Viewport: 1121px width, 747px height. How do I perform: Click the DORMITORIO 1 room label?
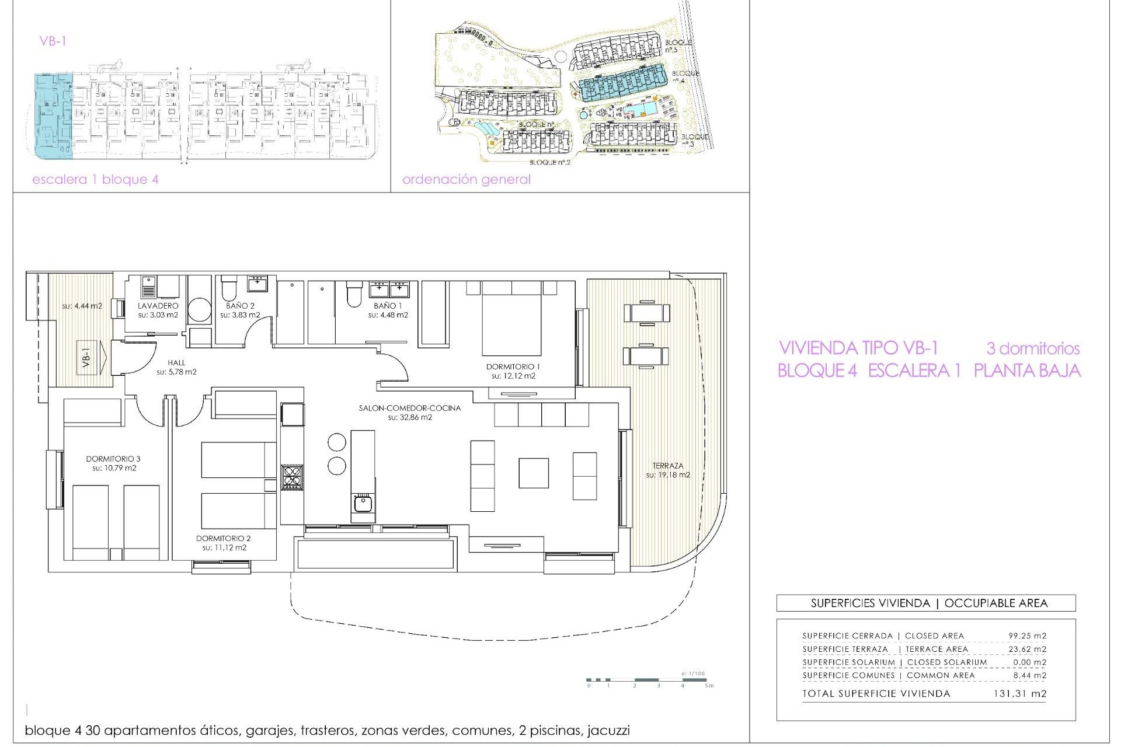click(513, 366)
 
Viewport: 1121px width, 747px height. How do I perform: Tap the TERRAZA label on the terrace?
click(667, 466)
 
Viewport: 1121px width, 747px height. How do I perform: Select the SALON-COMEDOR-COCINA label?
click(409, 408)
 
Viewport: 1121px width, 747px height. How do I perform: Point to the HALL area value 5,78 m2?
click(176, 372)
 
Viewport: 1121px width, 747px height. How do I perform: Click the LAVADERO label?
click(158, 305)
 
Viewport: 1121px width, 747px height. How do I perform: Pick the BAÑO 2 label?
click(240, 305)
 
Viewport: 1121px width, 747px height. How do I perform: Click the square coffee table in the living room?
click(533, 473)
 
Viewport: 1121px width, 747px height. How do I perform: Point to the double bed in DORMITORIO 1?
click(512, 321)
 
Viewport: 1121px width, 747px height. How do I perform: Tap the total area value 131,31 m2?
click(1019, 693)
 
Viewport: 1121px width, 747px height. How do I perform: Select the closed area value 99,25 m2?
click(1027, 636)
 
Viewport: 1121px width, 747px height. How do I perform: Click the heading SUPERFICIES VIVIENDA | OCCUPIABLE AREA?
click(928, 603)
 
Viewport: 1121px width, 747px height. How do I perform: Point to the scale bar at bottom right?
click(648, 680)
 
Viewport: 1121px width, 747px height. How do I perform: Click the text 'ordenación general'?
click(466, 179)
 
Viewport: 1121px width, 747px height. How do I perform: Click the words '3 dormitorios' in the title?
click(1032, 348)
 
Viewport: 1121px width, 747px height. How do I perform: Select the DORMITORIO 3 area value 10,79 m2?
click(113, 468)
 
